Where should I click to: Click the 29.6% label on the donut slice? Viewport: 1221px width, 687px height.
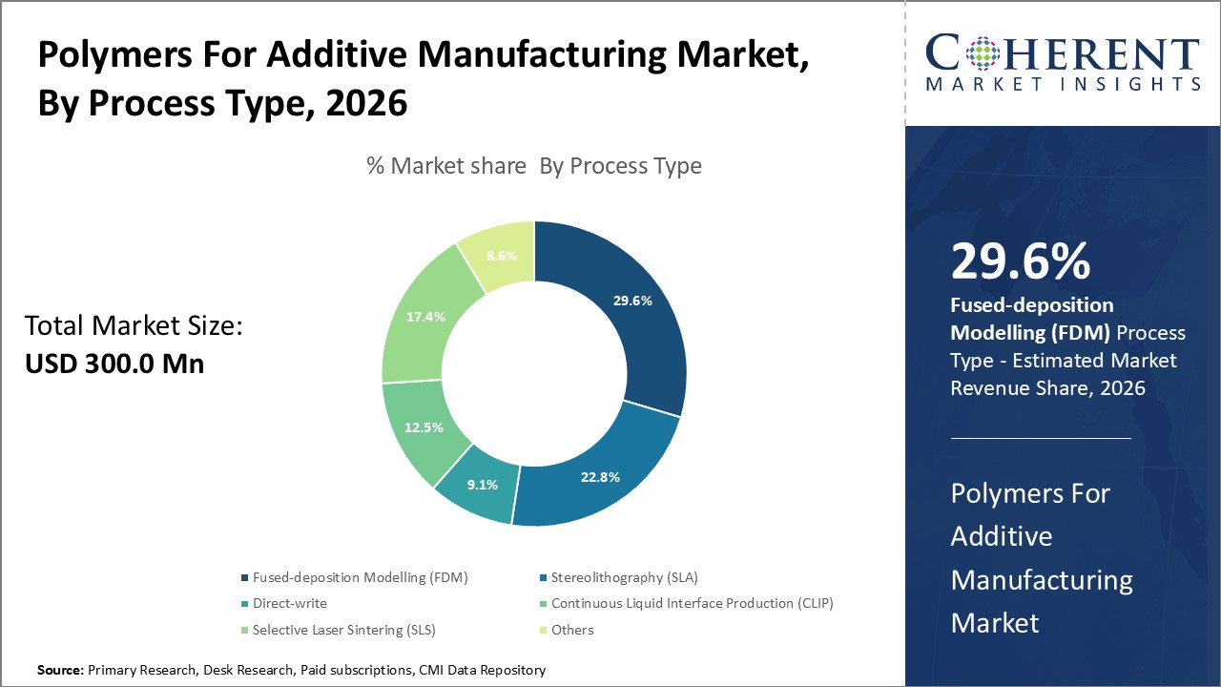(x=632, y=301)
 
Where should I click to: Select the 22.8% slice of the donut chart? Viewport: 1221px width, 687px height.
(x=601, y=476)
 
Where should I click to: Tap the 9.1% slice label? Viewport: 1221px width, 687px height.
(x=483, y=485)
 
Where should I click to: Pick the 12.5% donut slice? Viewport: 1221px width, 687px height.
(x=424, y=427)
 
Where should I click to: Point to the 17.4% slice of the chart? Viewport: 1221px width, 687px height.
(x=425, y=316)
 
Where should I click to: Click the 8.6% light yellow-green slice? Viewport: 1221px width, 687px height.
(x=501, y=256)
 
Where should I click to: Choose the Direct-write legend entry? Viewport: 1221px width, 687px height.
(x=289, y=603)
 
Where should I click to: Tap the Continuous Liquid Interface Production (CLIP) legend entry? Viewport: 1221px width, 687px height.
(x=693, y=603)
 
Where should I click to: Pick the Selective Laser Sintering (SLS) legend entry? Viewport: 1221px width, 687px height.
(x=344, y=630)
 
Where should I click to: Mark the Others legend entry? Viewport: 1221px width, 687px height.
(x=571, y=630)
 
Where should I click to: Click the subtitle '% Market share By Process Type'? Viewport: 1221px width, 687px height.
(x=534, y=166)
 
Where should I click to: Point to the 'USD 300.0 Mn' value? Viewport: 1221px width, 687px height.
(x=114, y=364)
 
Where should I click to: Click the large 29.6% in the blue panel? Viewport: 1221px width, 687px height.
(x=1021, y=261)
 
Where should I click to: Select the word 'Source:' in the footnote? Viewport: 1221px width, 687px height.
(x=61, y=671)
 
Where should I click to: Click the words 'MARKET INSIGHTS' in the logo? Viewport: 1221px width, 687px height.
(x=1063, y=84)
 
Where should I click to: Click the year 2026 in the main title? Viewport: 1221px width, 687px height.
(x=367, y=104)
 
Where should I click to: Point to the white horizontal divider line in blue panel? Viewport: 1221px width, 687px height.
(x=1041, y=438)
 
